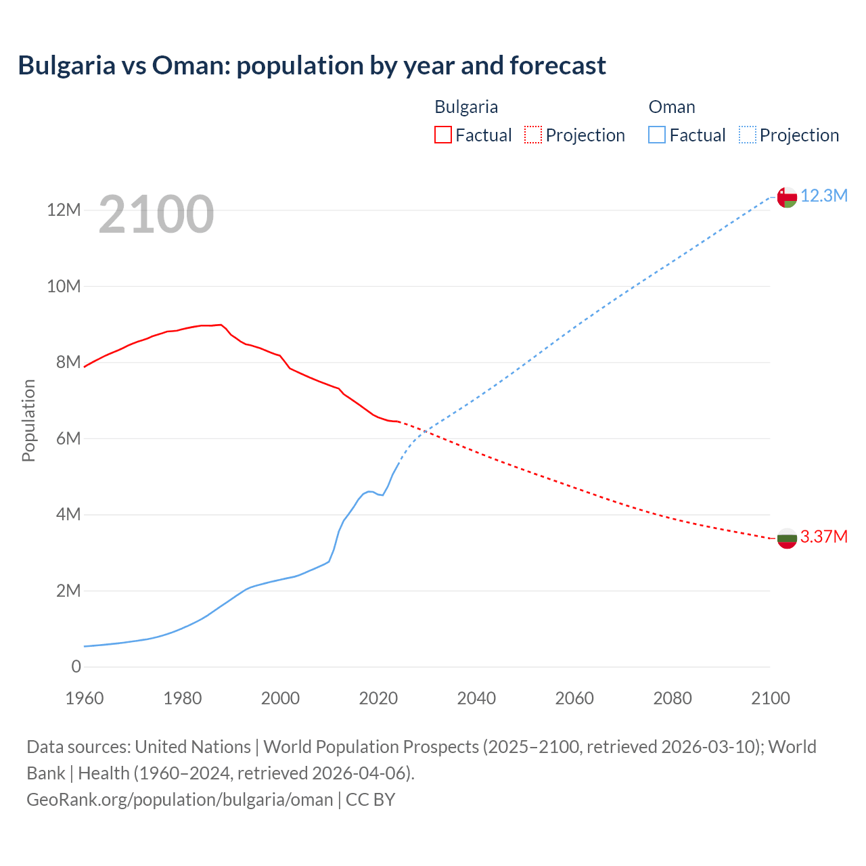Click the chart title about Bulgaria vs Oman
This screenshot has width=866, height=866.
tap(312, 66)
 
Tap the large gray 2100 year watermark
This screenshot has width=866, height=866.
tap(156, 214)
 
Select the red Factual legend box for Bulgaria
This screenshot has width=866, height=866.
tap(442, 135)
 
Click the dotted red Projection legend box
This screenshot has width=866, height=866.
tap(532, 135)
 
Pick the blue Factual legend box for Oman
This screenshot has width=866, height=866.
tap(656, 135)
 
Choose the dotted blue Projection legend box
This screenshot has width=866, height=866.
tap(747, 135)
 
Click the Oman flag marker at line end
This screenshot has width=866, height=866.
tap(787, 197)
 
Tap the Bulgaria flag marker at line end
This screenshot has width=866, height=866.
tap(787, 539)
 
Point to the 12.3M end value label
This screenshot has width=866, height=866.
tap(823, 196)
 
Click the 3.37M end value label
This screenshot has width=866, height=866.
tap(823, 537)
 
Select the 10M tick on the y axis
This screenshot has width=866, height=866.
tap(64, 286)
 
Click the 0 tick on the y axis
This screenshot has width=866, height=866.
tap(76, 667)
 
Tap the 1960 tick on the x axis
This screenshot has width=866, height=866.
tap(85, 698)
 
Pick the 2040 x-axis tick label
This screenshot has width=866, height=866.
tap(476, 698)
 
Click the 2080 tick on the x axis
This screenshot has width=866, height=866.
tap(673, 698)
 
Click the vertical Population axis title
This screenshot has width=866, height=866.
tap(28, 420)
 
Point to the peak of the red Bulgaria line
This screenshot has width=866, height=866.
tap(221, 325)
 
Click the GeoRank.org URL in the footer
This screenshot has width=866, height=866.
tap(179, 800)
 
